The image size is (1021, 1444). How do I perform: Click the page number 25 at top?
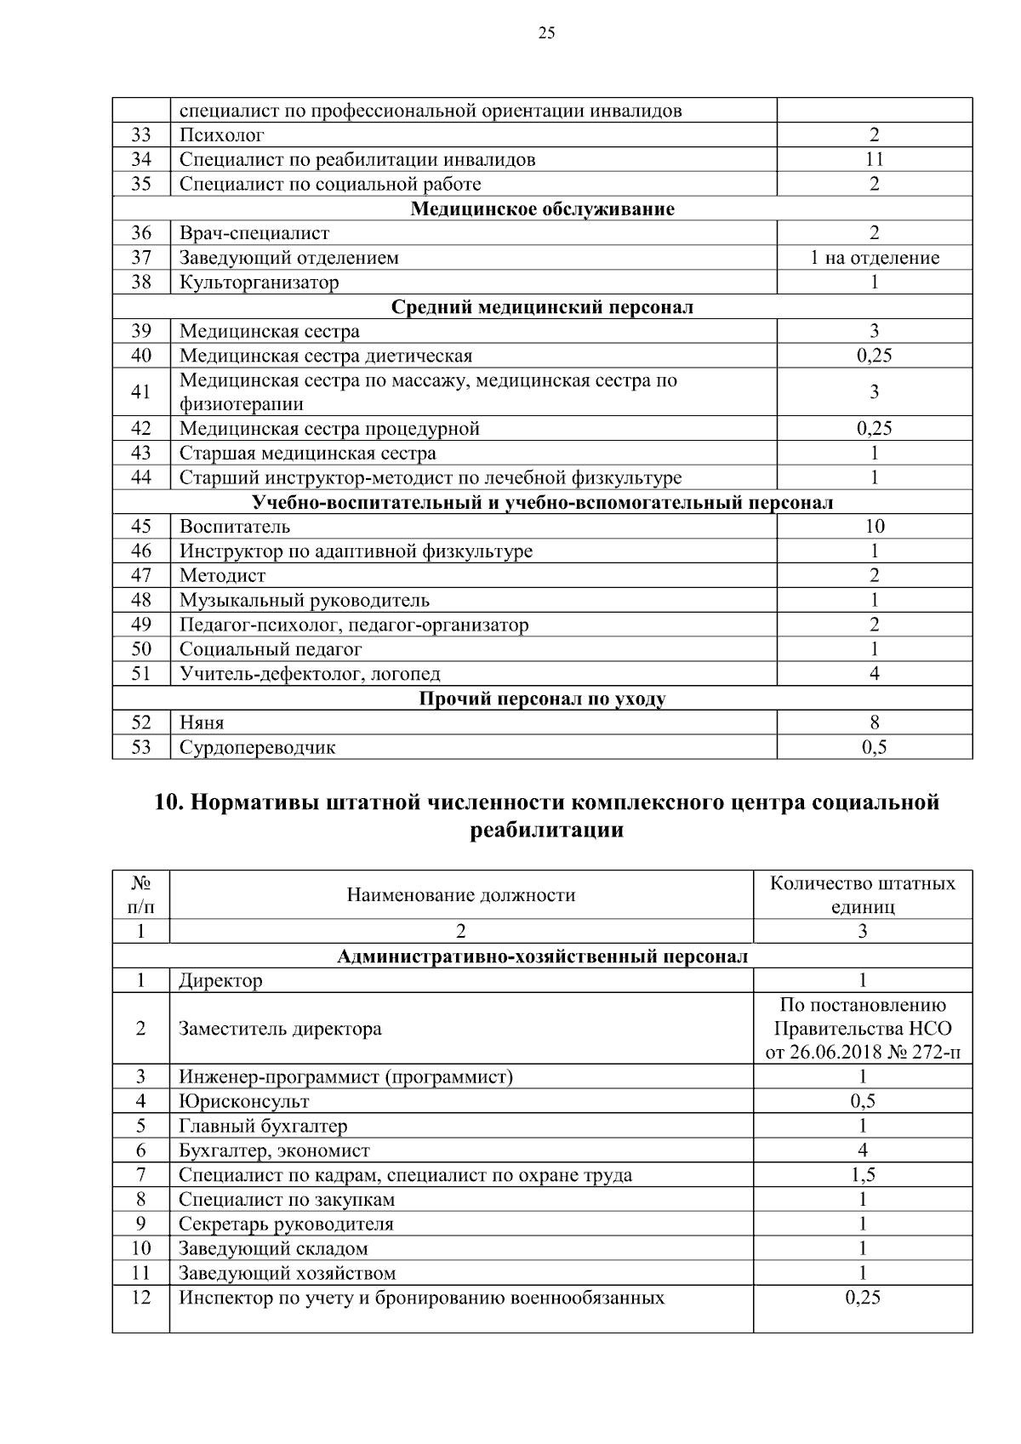click(546, 33)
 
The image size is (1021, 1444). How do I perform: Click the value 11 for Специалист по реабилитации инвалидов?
click(874, 159)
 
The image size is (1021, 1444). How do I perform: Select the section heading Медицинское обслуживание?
click(542, 208)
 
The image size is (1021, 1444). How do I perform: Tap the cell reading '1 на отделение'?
click(874, 258)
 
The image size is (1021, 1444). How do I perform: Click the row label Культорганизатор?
click(259, 283)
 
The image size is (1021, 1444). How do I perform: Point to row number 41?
click(141, 391)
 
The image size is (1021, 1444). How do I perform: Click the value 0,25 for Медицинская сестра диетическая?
click(874, 356)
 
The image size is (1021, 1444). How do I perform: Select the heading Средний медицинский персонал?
click(542, 307)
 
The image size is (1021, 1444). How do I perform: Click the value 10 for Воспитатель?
click(874, 527)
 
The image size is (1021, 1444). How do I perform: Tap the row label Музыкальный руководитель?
click(304, 601)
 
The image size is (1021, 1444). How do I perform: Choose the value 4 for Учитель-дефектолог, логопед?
click(874, 674)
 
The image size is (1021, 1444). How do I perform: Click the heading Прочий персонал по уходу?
click(542, 699)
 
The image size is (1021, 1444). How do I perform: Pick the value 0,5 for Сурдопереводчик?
click(874, 748)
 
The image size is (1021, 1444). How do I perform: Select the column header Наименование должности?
click(460, 895)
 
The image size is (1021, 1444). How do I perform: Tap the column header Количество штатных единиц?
click(862, 894)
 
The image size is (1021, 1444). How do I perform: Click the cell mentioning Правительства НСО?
click(862, 1029)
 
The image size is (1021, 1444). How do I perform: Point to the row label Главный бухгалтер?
click(263, 1127)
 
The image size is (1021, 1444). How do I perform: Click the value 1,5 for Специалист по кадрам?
click(862, 1176)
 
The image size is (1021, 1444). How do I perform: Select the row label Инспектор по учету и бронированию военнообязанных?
click(421, 1298)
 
